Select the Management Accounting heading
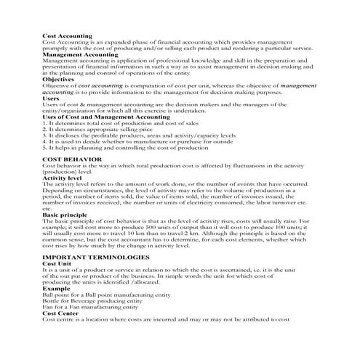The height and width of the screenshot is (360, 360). pos(80,55)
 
